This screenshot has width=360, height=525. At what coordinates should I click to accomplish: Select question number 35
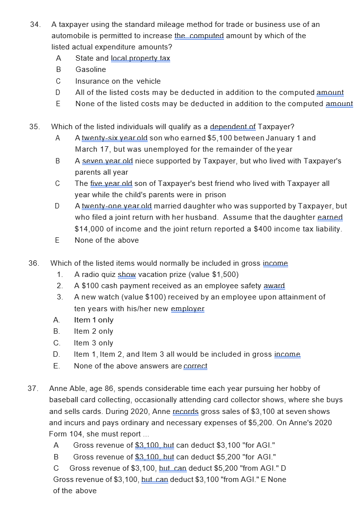[x=34, y=127]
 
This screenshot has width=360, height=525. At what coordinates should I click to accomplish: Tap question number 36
[x=34, y=263]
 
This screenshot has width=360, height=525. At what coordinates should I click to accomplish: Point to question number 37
[x=33, y=389]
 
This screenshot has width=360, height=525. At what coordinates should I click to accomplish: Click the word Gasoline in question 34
[x=90, y=69]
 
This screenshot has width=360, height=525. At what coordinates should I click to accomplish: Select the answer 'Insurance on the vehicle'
[x=118, y=81]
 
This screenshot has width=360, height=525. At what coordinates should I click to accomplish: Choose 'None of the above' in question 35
[x=107, y=240]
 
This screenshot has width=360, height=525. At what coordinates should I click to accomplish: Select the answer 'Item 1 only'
[x=94, y=320]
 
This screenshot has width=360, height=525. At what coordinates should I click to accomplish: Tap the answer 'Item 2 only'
[x=93, y=331]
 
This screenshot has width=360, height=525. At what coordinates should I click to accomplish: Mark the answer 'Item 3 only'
[x=93, y=343]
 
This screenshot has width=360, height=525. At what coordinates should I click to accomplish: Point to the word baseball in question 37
[x=64, y=400]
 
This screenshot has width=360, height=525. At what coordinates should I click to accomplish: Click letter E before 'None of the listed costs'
[x=58, y=104]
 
